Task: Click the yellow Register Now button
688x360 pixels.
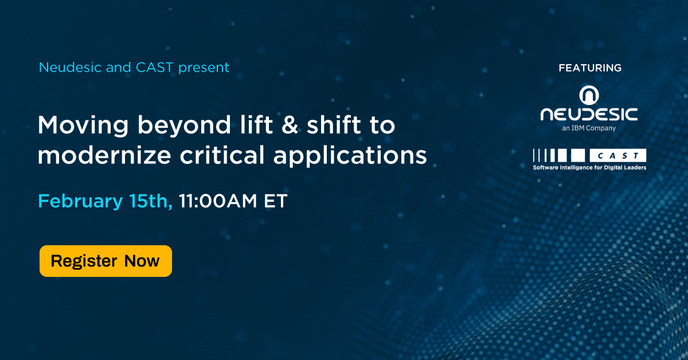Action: pyautogui.click(x=105, y=261)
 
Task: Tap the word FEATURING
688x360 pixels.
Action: pyautogui.click(x=590, y=68)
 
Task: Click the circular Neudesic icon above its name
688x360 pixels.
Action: pyautogui.click(x=589, y=95)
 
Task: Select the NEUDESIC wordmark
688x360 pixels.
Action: pyautogui.click(x=589, y=114)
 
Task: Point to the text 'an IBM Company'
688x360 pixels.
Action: pyautogui.click(x=589, y=128)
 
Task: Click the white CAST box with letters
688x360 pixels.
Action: pyautogui.click(x=617, y=155)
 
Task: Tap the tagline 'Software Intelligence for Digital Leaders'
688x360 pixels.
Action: pyautogui.click(x=589, y=167)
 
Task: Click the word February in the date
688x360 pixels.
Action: pyautogui.click(x=80, y=202)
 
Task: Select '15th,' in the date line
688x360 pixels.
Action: pyautogui.click(x=151, y=201)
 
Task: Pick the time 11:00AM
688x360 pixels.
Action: pyautogui.click(x=218, y=201)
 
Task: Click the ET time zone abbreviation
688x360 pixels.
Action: pyautogui.click(x=276, y=201)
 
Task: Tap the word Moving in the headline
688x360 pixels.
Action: pyautogui.click(x=83, y=126)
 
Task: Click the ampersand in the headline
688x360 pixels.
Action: pyautogui.click(x=290, y=125)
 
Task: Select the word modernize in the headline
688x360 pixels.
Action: pyautogui.click(x=104, y=155)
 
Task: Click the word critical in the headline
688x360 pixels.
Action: pyautogui.click(x=222, y=155)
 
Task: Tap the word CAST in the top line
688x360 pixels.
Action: pyautogui.click(x=154, y=68)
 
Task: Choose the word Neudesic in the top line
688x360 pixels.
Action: pyautogui.click(x=70, y=68)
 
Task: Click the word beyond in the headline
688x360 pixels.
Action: pyautogui.click(x=184, y=125)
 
